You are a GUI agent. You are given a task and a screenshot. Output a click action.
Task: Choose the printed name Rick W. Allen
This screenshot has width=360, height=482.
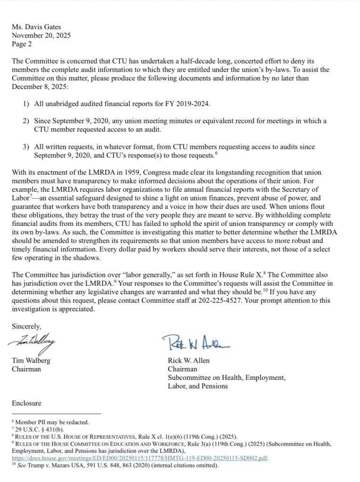[x=189, y=361]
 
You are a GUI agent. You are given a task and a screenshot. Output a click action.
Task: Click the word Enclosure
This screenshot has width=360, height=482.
[x=26, y=403]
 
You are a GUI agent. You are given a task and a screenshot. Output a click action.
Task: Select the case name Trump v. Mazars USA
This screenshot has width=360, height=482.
[x=55, y=466]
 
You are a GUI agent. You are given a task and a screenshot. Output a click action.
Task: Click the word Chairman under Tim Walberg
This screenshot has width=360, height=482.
[x=26, y=369]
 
